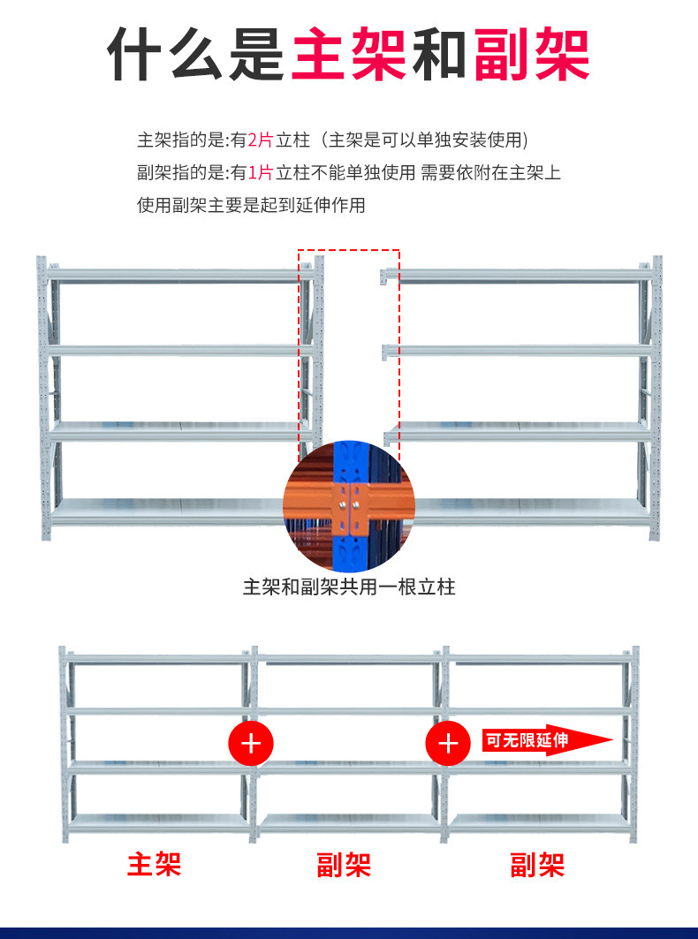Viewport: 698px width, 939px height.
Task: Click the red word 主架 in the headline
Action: (x=348, y=55)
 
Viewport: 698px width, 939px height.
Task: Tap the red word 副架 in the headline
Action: (x=532, y=55)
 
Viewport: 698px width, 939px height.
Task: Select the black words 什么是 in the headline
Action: (x=196, y=55)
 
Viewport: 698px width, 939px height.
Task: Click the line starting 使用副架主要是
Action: (x=251, y=205)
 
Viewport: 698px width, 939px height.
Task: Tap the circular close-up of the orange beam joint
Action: (x=348, y=507)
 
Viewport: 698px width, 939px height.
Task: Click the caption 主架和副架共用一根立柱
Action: (x=349, y=587)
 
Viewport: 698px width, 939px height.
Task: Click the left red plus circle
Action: (x=252, y=742)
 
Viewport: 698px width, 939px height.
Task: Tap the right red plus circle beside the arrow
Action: (x=449, y=742)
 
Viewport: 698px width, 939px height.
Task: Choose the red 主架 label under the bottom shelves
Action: (x=155, y=864)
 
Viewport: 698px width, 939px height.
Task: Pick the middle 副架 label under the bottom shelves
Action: (x=345, y=864)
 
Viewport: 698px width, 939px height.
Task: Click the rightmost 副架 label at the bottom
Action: (x=537, y=864)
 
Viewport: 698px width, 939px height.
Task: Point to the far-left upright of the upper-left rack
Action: (x=42, y=398)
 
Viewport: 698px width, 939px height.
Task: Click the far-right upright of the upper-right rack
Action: (x=656, y=398)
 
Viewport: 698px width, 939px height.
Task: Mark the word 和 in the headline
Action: (x=440, y=55)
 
